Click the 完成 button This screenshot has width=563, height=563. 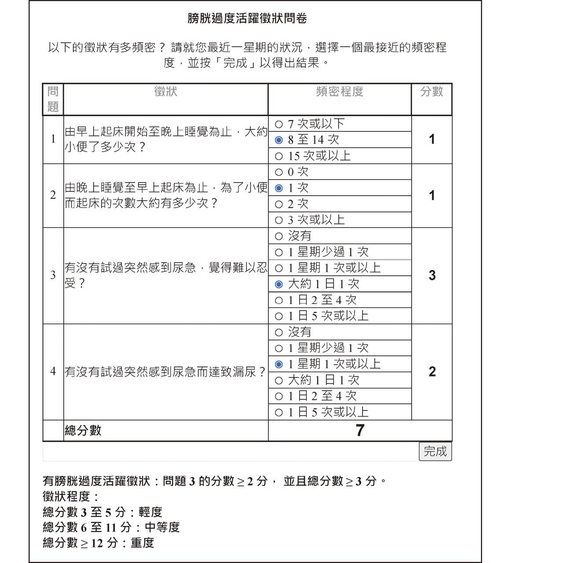(x=435, y=451)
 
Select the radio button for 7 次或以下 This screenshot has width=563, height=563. (x=278, y=124)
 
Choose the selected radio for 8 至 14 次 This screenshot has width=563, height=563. (x=278, y=140)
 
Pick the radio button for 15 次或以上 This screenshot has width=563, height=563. (x=278, y=156)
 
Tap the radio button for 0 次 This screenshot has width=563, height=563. (x=278, y=172)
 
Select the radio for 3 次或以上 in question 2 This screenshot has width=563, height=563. (x=278, y=220)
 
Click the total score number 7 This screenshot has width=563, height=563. (x=360, y=430)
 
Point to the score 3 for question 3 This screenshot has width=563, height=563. (x=432, y=275)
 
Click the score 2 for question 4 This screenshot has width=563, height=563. (x=432, y=372)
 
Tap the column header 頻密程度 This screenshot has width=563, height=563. (x=340, y=91)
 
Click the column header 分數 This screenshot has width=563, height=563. (x=431, y=91)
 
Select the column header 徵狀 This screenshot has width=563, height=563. (x=166, y=91)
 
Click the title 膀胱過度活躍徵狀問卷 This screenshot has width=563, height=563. (x=247, y=18)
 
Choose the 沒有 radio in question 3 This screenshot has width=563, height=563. (x=278, y=236)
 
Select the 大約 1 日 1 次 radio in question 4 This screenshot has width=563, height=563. (x=278, y=380)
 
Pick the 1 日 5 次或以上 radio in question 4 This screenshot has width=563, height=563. (x=278, y=412)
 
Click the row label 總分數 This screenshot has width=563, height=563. (x=83, y=430)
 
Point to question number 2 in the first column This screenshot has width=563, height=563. (x=53, y=195)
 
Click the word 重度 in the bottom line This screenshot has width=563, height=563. (x=143, y=543)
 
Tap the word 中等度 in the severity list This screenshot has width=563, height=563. (x=162, y=527)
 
